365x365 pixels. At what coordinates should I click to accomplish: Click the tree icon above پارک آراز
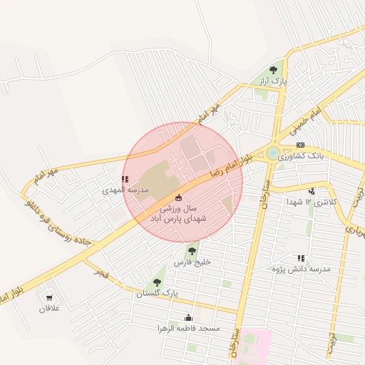(274, 70)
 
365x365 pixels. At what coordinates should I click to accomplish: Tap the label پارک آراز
(274, 81)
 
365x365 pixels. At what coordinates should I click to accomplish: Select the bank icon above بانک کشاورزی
(300, 145)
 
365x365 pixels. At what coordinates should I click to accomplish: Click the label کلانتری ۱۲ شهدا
(310, 202)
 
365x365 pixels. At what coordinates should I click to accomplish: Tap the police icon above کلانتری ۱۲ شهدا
(312, 191)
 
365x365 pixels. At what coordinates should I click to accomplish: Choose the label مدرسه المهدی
(124, 190)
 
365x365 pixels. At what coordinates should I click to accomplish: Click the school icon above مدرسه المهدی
(125, 180)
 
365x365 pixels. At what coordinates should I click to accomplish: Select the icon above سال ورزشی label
(178, 197)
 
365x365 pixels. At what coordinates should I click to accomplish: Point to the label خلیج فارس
(192, 262)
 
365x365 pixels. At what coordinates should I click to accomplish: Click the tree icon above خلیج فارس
(192, 251)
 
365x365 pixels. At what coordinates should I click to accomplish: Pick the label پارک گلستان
(156, 293)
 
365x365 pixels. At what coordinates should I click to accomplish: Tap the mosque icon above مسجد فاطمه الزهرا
(188, 317)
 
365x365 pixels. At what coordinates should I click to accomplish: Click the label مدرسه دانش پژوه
(302, 269)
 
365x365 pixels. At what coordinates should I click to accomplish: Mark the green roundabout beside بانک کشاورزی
(274, 153)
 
